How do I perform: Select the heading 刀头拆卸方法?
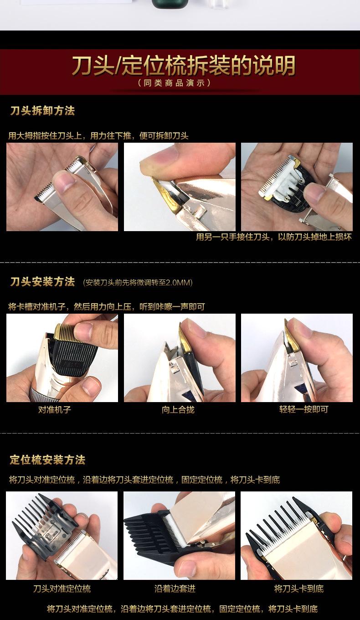(42, 111)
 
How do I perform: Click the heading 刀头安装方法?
(42, 282)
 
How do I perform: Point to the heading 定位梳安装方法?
(47, 460)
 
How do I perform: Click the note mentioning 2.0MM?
(138, 283)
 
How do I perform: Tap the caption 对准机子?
(54, 409)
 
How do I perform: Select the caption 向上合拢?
(178, 409)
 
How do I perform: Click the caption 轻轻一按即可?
(303, 409)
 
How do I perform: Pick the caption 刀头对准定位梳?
(62, 589)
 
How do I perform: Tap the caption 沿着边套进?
(175, 589)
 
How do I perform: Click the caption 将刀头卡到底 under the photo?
(299, 589)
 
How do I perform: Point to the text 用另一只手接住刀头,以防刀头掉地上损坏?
(273, 237)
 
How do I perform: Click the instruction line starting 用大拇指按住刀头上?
(98, 136)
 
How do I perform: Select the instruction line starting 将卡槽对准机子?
(106, 307)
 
